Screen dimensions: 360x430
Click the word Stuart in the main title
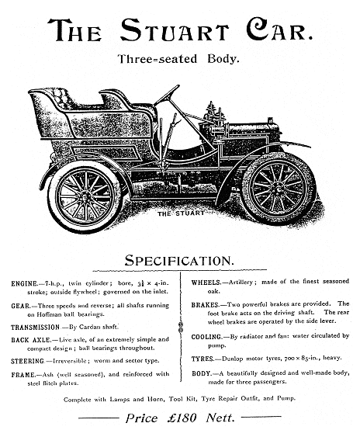tap(175, 29)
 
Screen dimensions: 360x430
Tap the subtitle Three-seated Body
tap(178, 59)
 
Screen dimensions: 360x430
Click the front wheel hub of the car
tap(278, 189)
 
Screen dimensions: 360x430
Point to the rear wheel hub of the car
tap(85, 196)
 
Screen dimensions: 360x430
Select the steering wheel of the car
tap(167, 95)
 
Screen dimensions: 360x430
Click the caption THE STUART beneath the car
tap(181, 213)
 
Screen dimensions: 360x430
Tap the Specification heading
tap(179, 260)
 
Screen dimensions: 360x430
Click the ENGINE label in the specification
tap(24, 283)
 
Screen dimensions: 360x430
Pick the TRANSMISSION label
tap(35, 328)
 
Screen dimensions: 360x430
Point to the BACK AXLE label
tap(31, 340)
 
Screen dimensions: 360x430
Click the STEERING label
tap(27, 361)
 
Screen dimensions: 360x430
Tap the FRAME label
tap(23, 375)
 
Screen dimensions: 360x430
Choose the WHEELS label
tap(206, 283)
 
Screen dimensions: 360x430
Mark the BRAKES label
tap(206, 305)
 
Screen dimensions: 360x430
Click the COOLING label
tap(206, 337)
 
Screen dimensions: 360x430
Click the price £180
tap(182, 418)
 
